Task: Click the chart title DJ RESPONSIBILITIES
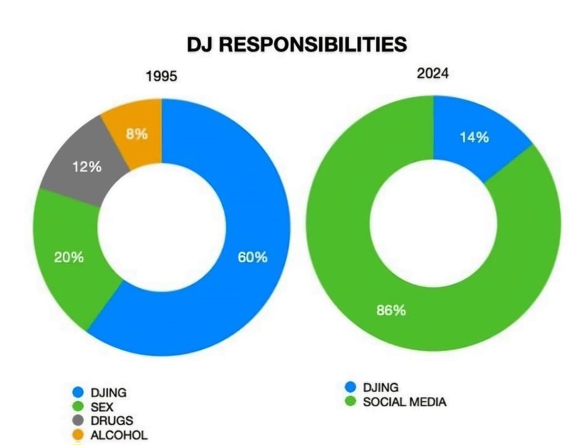click(x=297, y=44)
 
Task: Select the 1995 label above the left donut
click(x=161, y=76)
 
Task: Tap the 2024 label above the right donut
click(x=433, y=73)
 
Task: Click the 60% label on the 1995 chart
click(x=252, y=257)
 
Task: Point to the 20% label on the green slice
click(x=69, y=257)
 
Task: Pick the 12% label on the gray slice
click(x=87, y=166)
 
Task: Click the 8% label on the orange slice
click(x=136, y=134)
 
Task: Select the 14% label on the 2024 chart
click(x=474, y=137)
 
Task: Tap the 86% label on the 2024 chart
click(x=391, y=310)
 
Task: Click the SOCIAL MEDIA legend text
click(x=404, y=402)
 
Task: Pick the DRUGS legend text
click(x=111, y=421)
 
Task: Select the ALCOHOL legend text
click(x=119, y=435)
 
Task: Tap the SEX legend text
click(x=102, y=407)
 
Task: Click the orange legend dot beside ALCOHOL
click(x=78, y=435)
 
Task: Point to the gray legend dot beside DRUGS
click(x=78, y=421)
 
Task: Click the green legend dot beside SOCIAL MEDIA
click(x=350, y=402)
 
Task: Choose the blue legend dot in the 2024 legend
click(x=350, y=387)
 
